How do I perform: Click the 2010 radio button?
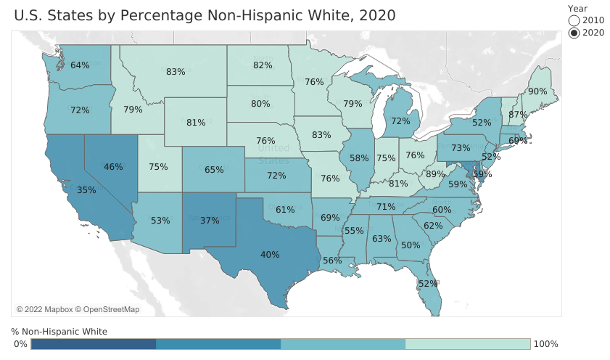[574, 20]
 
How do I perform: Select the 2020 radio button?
[574, 33]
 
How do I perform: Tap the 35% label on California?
[86, 190]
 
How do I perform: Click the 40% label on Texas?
[270, 255]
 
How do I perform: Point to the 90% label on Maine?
[537, 92]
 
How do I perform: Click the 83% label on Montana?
[176, 72]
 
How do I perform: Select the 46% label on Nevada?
[113, 167]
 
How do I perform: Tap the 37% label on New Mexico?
[210, 221]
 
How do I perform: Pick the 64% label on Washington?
[81, 65]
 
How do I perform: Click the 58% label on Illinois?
[359, 157]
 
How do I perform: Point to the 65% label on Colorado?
[214, 170]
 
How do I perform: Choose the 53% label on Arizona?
[161, 221]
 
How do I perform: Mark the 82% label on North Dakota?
[263, 65]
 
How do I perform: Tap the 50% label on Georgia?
[411, 245]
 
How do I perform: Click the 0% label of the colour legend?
[20, 343]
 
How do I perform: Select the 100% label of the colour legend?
[545, 343]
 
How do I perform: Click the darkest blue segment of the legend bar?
[93, 343]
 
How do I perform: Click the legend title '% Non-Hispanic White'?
[59, 331]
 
